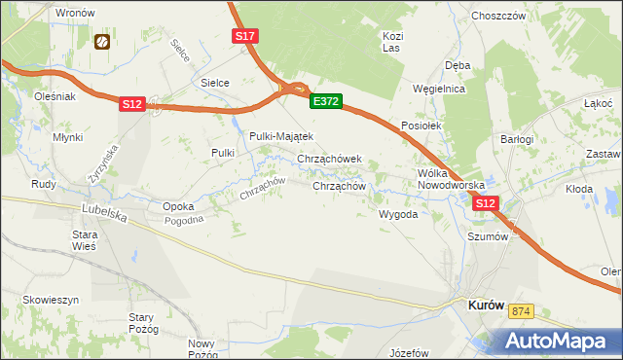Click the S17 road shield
coord(245,36)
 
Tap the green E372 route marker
coord(325,100)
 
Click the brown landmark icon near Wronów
coord(101,42)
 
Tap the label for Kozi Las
coord(392,41)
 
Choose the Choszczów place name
coord(498,16)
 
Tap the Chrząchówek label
coord(329,159)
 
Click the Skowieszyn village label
coord(39,300)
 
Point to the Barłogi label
coord(518,139)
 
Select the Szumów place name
coord(489,236)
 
